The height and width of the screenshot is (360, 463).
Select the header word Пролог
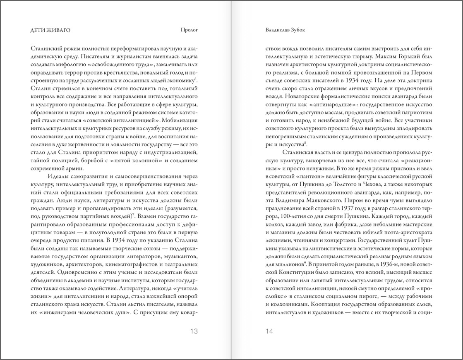click(190, 30)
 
